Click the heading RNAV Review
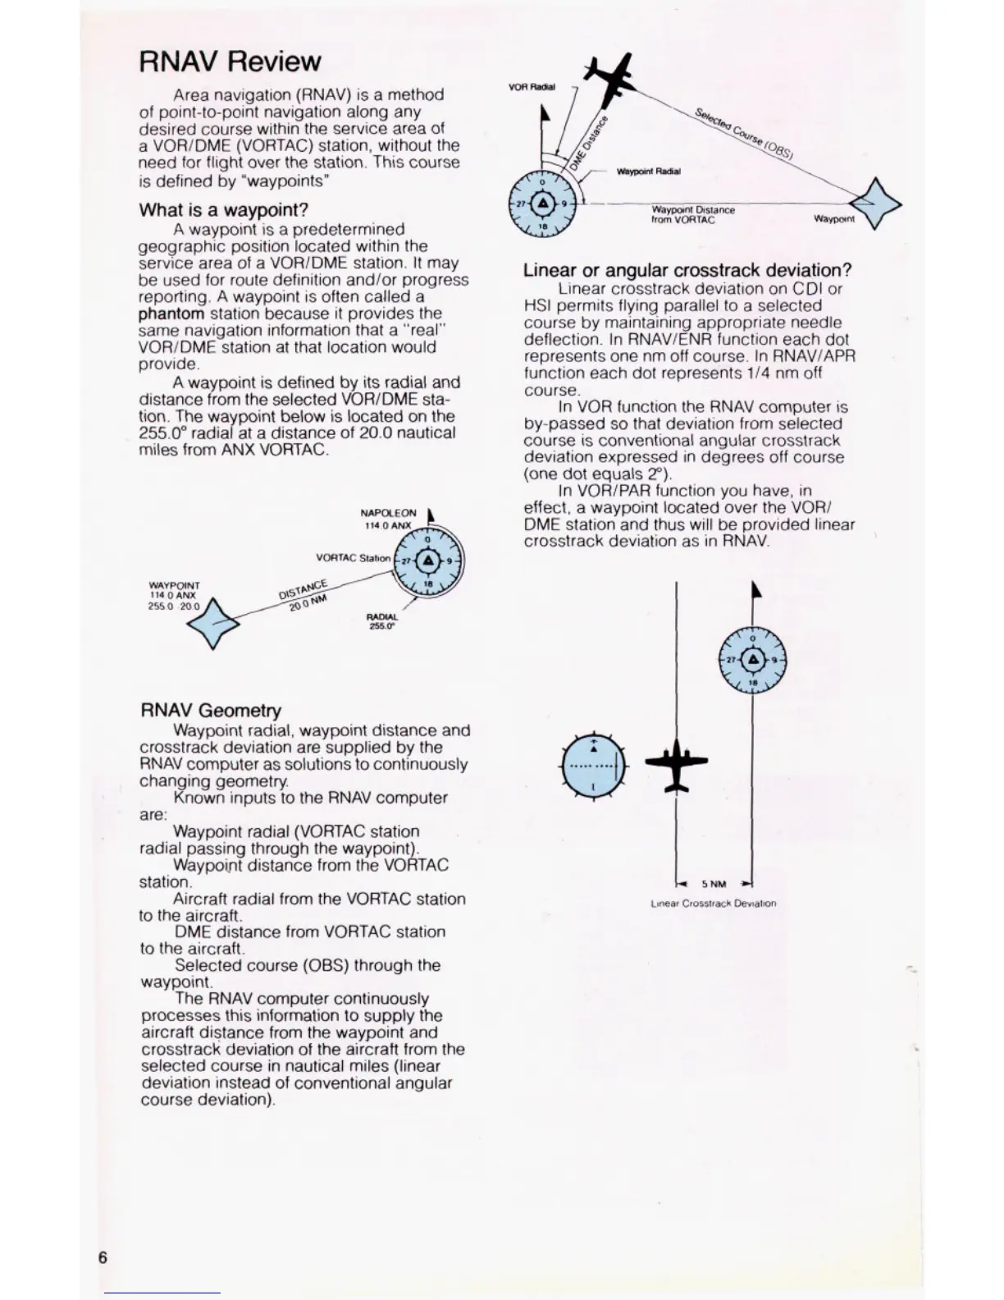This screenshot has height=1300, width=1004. tap(230, 62)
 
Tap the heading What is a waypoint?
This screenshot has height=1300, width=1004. tap(223, 210)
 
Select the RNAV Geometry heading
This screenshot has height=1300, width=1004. tap(211, 711)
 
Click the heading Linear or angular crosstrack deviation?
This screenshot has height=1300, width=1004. tap(687, 271)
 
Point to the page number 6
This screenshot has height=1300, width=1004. tap(103, 1258)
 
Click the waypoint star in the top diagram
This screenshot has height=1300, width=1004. tap(875, 204)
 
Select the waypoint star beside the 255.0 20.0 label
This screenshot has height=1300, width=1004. tap(213, 624)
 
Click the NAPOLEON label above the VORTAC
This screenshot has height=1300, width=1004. tap(388, 513)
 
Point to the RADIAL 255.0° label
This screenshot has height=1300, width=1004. tap(382, 621)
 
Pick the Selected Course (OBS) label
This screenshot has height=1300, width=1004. tap(748, 133)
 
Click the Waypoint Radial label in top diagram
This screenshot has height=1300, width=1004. tap(648, 172)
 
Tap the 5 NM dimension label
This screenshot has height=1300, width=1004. tap(714, 884)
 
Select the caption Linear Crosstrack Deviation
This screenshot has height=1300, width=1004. tap(713, 904)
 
